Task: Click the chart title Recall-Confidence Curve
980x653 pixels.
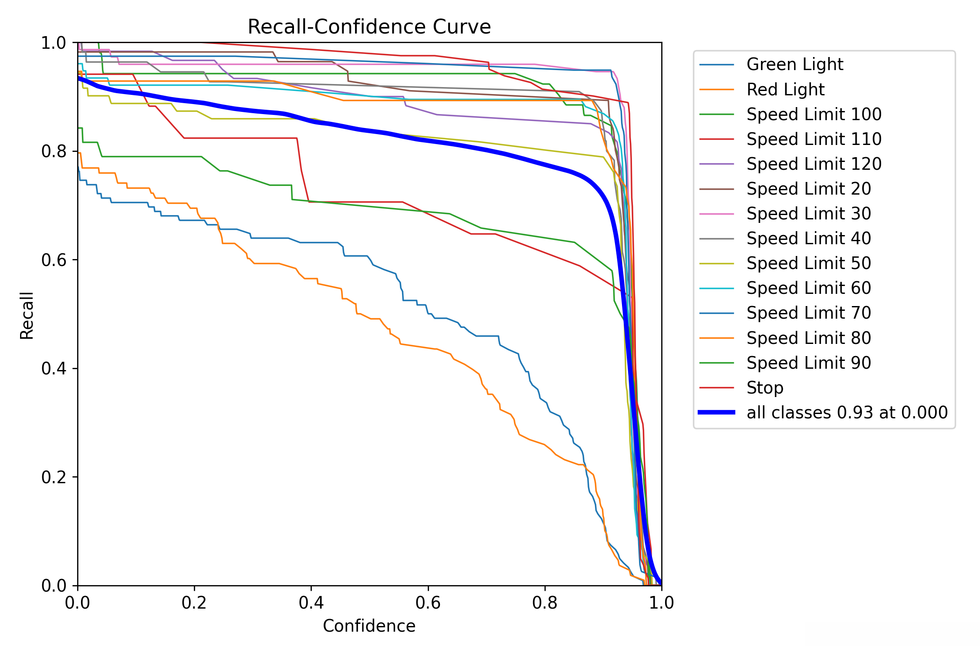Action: point(369,27)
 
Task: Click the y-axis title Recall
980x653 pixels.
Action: point(27,315)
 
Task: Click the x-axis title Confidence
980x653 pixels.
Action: point(369,626)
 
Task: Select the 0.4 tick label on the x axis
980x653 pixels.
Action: point(311,603)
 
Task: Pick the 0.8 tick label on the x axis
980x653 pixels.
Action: point(545,603)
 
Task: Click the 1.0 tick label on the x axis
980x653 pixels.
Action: point(662,603)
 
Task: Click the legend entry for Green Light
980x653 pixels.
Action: point(794,64)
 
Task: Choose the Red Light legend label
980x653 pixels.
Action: point(785,90)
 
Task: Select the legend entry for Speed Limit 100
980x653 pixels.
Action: point(814,114)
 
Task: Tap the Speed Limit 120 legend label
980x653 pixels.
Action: point(814,164)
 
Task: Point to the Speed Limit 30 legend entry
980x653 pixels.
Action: point(808,214)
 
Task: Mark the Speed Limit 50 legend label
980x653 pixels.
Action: point(808,263)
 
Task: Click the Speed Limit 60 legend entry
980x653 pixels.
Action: point(808,288)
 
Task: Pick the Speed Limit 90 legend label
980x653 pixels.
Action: point(808,363)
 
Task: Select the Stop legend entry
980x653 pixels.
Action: point(765,387)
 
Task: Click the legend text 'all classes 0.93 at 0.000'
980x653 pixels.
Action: point(847,413)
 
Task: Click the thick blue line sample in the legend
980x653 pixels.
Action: point(716,412)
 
